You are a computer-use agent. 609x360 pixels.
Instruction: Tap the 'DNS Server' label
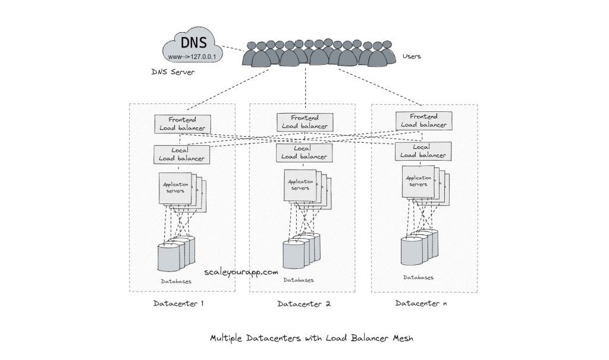tap(173, 72)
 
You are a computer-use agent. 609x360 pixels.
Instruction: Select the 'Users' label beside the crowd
tap(412, 57)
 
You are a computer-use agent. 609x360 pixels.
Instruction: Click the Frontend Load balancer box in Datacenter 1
tap(182, 123)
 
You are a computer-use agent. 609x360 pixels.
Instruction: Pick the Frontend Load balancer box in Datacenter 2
tap(304, 122)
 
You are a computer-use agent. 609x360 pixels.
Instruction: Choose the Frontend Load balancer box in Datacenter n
tap(424, 121)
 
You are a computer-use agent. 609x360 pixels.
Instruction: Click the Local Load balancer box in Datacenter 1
tap(182, 154)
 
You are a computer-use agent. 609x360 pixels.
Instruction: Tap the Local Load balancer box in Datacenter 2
tap(304, 152)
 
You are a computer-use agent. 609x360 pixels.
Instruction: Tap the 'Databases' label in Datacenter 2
tap(299, 280)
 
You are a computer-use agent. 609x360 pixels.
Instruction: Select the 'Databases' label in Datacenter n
tap(418, 277)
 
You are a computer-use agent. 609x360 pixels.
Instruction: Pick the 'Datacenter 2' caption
tap(303, 304)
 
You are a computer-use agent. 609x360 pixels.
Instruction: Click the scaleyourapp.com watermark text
tap(241, 271)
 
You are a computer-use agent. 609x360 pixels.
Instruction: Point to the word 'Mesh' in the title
tap(401, 338)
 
